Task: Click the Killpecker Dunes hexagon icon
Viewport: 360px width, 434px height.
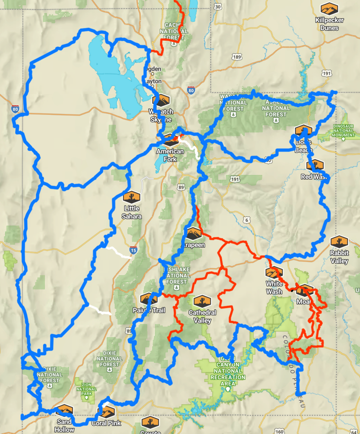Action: (x=329, y=8)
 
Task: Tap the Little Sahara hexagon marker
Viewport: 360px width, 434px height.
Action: (x=132, y=197)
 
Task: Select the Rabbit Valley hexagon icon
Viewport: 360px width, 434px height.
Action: (x=339, y=241)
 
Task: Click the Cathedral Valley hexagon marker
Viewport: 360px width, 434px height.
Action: (x=202, y=301)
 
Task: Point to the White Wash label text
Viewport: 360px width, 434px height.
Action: (x=274, y=287)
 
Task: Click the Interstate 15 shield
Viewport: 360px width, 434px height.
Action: (x=133, y=250)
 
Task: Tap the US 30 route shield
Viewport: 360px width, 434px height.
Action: (x=218, y=7)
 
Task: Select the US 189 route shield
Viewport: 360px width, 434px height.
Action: (x=237, y=57)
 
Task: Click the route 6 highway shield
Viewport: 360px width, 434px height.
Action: (x=247, y=220)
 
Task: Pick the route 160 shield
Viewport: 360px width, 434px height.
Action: (x=280, y=431)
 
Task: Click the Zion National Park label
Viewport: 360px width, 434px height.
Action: (x=86, y=389)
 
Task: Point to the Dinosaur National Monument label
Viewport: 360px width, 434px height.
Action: (x=343, y=131)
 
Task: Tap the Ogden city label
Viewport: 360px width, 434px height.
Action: (x=154, y=69)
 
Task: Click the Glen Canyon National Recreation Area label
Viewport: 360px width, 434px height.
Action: (x=228, y=371)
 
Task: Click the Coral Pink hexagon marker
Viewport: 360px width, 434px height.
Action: (x=107, y=411)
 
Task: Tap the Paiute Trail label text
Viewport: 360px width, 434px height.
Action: (x=149, y=310)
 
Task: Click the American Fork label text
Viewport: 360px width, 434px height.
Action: (x=170, y=155)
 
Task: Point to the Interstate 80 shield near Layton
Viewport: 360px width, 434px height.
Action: (x=191, y=90)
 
